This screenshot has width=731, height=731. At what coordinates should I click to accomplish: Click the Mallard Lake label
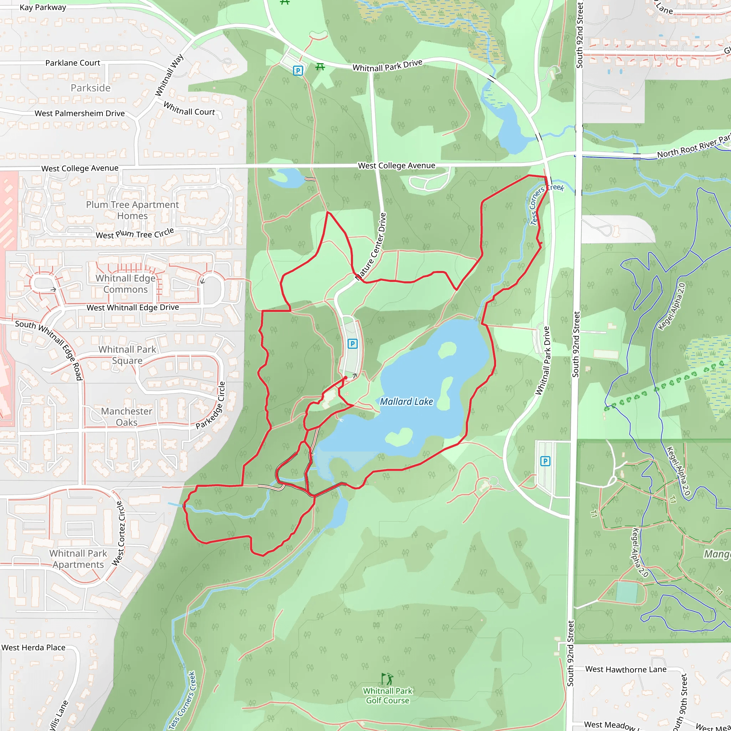[x=406, y=402]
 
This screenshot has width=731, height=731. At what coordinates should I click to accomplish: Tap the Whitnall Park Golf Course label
[x=387, y=695]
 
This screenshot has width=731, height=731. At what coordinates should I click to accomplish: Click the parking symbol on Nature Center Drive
[x=352, y=344]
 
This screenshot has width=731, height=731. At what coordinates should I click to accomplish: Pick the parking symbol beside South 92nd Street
[x=545, y=461]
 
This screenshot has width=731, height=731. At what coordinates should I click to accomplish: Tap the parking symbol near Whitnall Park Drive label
[x=298, y=70]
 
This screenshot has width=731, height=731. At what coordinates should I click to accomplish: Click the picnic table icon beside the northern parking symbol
[x=320, y=67]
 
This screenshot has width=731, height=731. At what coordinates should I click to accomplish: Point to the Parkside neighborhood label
[x=90, y=88]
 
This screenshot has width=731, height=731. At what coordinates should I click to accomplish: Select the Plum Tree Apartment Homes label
[x=132, y=210]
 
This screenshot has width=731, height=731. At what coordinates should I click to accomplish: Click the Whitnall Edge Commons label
[x=126, y=284]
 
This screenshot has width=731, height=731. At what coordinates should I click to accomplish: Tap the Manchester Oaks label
[x=126, y=417]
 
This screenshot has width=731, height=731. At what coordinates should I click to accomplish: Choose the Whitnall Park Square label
[x=127, y=355]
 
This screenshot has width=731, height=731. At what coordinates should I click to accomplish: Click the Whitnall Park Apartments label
[x=78, y=559]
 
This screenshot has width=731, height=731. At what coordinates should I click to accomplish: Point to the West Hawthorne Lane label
[x=626, y=669]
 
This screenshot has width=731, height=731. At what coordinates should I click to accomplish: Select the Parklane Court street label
[x=73, y=63]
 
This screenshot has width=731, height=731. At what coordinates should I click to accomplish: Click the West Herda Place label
[x=33, y=647]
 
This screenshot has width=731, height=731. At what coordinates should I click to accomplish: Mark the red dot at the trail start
[x=346, y=378]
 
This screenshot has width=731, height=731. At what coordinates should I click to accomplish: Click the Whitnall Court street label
[x=189, y=109]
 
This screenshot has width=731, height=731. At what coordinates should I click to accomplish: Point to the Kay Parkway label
[x=43, y=7]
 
